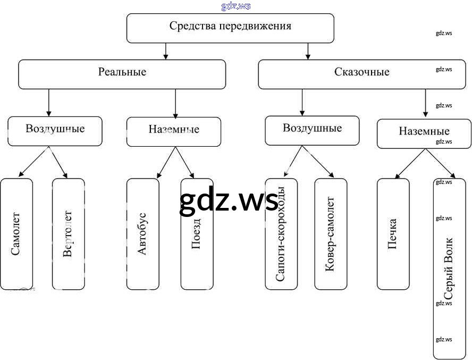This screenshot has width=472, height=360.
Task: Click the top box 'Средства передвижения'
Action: pos(230,28)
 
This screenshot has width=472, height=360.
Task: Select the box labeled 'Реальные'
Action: pos(122,74)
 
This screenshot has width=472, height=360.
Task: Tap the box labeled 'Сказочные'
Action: pos(361,74)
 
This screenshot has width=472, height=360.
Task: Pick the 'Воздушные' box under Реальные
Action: pos(55,131)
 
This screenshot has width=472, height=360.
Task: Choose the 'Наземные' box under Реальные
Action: pos(174,131)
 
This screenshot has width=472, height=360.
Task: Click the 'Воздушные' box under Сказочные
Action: pos(312,130)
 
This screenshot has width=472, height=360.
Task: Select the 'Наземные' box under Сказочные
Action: pos(424,133)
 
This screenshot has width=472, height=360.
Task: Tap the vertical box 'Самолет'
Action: pos(16,234)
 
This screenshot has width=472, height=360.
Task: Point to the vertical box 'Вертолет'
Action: pos(68,234)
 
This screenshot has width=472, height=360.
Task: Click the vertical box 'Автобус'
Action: pos(142,234)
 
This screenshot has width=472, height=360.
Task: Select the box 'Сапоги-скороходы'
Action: pos(281,234)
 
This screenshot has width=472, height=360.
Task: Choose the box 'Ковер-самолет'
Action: pos(330,234)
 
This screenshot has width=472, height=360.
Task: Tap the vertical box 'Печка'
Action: pos(393,234)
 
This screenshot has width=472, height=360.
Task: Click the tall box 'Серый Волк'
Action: pos(449,269)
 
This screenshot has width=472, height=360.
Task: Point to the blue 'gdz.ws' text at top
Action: pos(235,6)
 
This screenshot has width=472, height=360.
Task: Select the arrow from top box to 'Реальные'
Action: pos(166,51)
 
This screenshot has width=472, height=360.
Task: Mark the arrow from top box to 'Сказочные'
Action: pos(308,51)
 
